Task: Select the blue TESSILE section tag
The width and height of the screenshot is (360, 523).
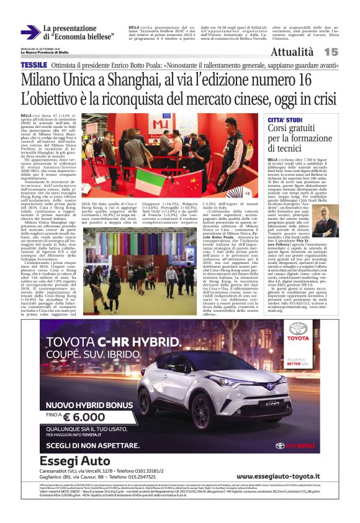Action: pyautogui.click(x=34, y=65)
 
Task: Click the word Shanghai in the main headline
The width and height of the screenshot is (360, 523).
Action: pyautogui.click(x=130, y=80)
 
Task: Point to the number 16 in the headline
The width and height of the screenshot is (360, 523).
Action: pyautogui.click(x=304, y=80)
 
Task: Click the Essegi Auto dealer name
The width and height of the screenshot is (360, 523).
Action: pyautogui.click(x=74, y=460)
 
